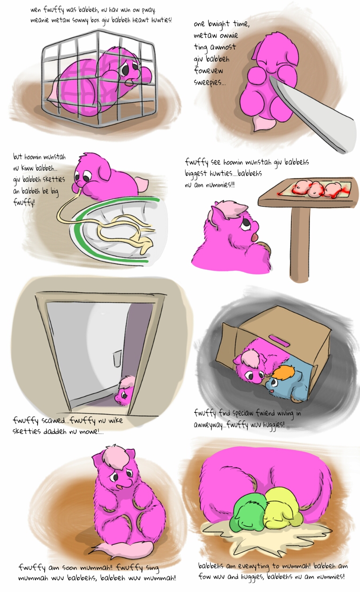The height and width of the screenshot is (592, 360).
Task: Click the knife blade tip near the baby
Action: [271, 77]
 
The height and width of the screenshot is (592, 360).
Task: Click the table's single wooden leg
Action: [300, 240]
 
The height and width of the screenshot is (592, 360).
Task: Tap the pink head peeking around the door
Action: [125, 390]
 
